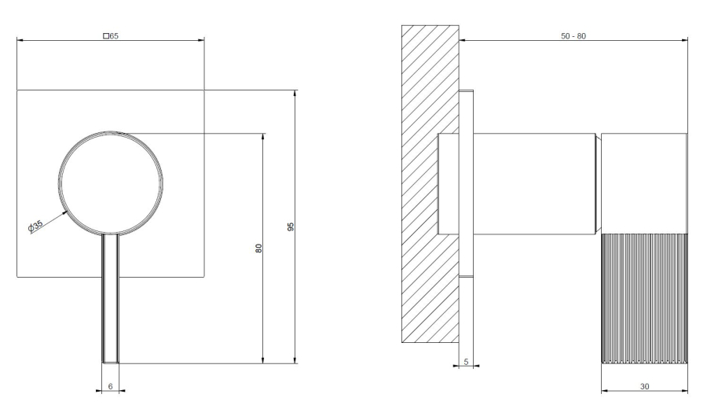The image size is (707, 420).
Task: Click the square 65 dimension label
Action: (111, 35)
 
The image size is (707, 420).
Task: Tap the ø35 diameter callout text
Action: (35, 226)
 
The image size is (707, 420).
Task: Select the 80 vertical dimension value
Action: (258, 248)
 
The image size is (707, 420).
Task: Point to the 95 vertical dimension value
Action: (291, 227)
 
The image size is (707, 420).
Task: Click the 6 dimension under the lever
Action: (111, 387)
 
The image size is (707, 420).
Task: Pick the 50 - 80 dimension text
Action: (573, 36)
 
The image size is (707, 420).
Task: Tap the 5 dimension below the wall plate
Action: (466, 362)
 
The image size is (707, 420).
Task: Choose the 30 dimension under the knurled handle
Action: (644, 387)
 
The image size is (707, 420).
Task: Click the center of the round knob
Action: (111, 184)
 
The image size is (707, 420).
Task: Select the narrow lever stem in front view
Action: (111, 299)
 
